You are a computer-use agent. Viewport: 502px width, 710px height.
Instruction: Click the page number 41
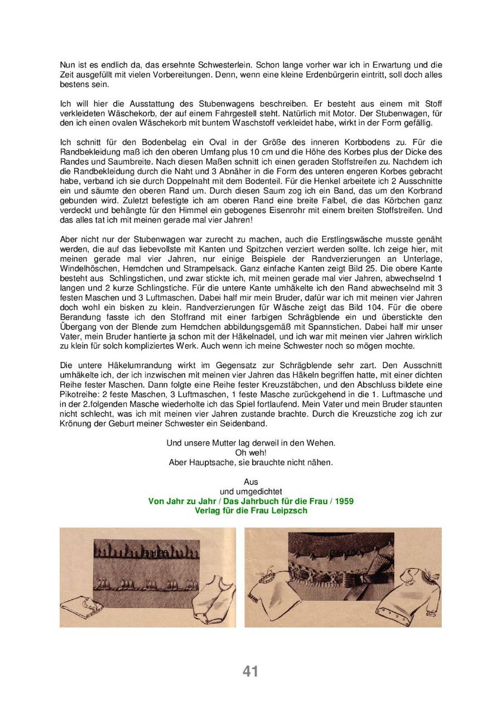(250, 672)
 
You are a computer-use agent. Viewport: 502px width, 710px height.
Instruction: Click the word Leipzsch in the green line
(287, 510)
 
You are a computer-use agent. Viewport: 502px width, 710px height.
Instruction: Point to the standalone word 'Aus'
(250, 481)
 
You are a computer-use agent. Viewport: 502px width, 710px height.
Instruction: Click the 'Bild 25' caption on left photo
(155, 553)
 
